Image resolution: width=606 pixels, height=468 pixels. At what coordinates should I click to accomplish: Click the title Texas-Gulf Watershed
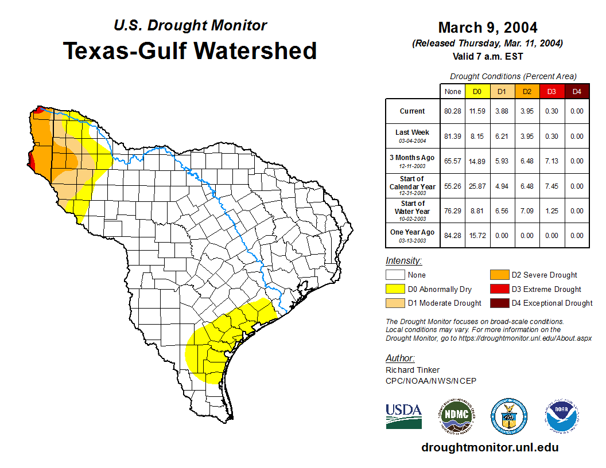tap(189, 50)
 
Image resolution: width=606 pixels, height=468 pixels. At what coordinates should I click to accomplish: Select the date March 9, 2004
tap(487, 28)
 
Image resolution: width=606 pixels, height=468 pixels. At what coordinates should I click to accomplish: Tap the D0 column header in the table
tap(477, 92)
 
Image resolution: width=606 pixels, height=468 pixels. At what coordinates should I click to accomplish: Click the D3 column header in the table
tap(551, 92)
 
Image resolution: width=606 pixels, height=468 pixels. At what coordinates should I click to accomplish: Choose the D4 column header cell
tap(577, 92)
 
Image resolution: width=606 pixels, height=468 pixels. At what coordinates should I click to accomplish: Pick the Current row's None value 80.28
tap(453, 111)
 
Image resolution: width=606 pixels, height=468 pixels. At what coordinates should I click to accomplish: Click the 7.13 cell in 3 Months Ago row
tap(551, 161)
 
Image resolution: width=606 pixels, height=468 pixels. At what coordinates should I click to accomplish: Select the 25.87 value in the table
tap(477, 186)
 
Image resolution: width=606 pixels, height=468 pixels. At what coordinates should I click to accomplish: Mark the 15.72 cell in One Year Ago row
tap(477, 236)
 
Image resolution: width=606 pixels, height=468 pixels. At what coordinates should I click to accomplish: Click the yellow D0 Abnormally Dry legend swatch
tap(395, 289)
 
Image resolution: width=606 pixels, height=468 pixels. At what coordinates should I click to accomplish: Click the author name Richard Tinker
tap(413, 370)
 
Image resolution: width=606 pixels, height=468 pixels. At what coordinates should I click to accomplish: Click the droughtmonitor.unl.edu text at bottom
tap(490, 447)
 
